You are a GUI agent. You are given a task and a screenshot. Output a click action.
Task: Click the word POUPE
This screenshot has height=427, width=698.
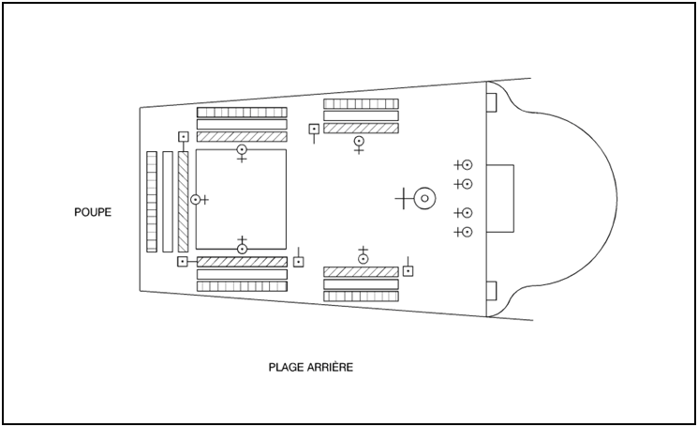[93, 212]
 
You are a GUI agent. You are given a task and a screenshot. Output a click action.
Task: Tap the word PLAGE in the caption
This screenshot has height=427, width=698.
[287, 366]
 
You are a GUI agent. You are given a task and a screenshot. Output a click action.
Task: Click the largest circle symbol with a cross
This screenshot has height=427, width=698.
[424, 198]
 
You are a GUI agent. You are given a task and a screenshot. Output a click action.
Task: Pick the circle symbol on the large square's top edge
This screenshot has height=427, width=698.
[242, 149]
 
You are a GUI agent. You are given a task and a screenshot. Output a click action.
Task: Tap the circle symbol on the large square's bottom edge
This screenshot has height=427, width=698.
[242, 249]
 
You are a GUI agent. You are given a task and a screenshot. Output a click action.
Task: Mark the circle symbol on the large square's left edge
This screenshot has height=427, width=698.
[196, 199]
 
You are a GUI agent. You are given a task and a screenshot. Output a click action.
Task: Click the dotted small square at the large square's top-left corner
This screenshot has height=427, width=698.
[184, 137]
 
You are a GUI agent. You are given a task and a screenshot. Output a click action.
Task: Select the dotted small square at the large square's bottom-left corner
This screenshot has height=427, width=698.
[183, 261]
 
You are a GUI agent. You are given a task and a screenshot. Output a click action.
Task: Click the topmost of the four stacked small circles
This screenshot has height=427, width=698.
[467, 164]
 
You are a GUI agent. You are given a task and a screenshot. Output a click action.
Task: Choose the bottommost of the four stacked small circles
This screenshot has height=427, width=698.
[467, 232]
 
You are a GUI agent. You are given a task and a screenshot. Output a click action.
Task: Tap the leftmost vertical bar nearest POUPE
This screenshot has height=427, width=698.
[152, 201]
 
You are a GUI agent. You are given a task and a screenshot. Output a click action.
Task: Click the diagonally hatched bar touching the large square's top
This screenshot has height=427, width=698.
[242, 136]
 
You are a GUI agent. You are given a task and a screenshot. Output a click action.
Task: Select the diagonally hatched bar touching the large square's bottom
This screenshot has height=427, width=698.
[242, 262]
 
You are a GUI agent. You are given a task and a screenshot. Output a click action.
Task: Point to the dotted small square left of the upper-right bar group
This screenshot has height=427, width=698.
[314, 129]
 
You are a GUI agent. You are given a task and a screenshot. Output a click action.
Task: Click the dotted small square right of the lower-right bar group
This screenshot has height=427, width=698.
[408, 271]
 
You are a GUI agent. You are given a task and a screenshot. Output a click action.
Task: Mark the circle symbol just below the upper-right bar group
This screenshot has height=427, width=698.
[359, 142]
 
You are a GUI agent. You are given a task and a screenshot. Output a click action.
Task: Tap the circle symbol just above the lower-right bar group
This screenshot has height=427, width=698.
[363, 258]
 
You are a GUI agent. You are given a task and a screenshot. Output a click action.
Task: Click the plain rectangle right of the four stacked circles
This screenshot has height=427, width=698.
[500, 198]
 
